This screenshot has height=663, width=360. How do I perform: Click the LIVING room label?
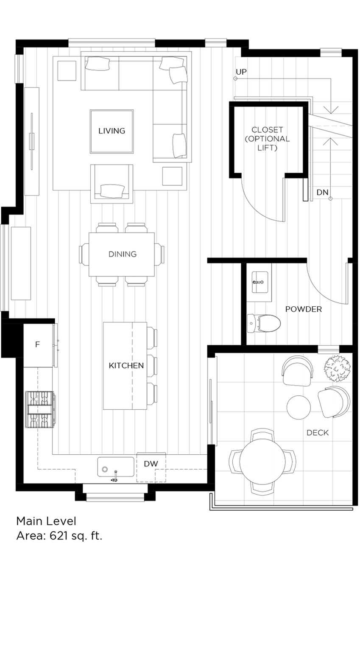[x=112, y=131]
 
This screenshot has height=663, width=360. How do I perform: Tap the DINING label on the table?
[x=122, y=254]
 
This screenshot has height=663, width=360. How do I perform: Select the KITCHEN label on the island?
[x=126, y=365]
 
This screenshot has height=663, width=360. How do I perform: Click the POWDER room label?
[x=303, y=309]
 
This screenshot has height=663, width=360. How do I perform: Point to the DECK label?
[x=318, y=433]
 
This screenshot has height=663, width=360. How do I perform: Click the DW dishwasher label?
[x=151, y=464]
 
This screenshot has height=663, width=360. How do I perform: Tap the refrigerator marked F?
[x=37, y=344]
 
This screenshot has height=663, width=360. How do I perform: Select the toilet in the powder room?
[x=264, y=324]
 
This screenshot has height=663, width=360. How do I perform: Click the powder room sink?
[x=259, y=282]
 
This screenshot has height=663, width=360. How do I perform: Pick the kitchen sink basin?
[x=116, y=468]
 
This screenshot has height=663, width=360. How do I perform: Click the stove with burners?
[x=40, y=409]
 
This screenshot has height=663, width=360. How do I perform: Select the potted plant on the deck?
[x=338, y=368]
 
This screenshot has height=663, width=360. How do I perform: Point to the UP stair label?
[x=241, y=72]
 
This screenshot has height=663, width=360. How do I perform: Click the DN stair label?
[x=322, y=193]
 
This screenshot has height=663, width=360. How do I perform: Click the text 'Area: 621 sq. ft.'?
[x=59, y=536]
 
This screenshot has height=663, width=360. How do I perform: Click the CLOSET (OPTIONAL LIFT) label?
[x=267, y=139]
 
